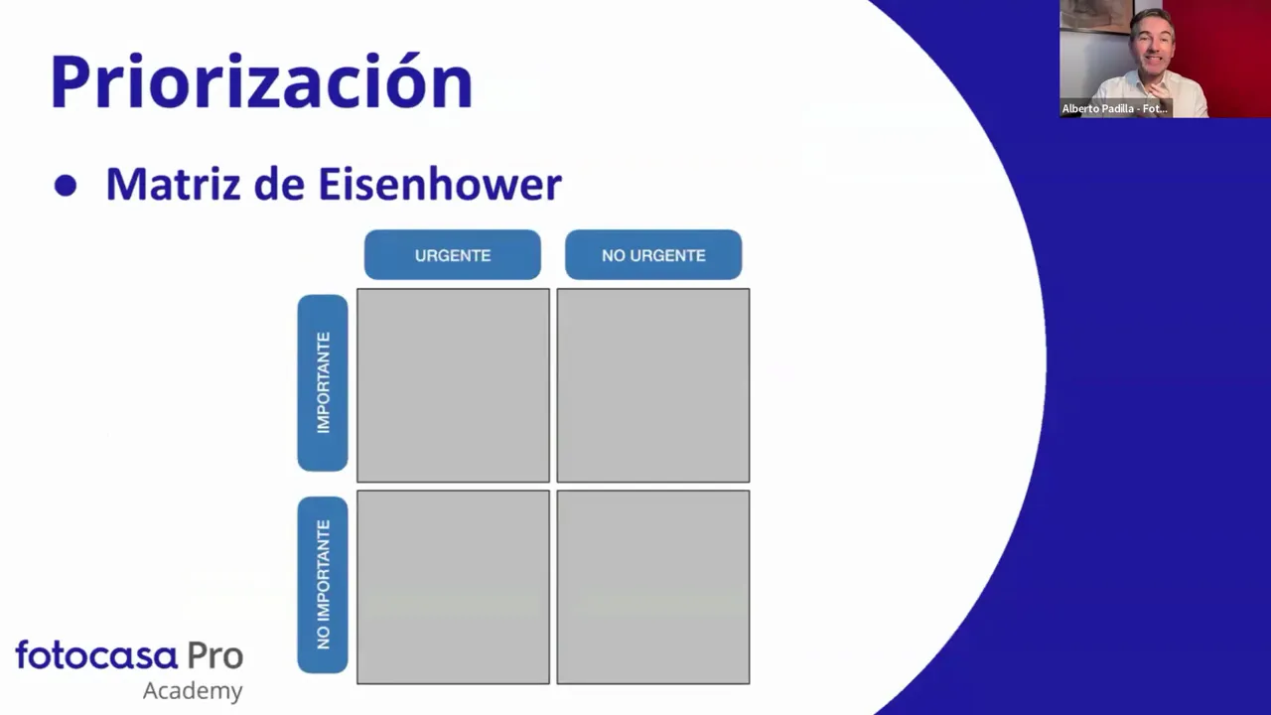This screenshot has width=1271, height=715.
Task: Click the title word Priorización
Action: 261,81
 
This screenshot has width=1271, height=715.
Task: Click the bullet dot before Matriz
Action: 66,186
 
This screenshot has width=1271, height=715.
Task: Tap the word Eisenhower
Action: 440,185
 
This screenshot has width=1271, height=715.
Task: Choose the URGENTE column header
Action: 453,255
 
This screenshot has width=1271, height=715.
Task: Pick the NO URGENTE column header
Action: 653,255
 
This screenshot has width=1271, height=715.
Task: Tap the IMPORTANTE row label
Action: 323,382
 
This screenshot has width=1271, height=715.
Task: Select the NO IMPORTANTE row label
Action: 323,585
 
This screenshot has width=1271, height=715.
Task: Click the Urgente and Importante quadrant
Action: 453,385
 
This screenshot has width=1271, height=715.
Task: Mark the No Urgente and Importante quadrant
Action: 653,385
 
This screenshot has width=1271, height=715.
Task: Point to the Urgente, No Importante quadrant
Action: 453,587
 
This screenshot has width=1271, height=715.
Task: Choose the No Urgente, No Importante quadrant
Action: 653,587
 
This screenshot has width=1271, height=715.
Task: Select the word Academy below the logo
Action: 193,690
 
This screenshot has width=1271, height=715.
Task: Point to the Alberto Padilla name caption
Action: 1114,108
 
